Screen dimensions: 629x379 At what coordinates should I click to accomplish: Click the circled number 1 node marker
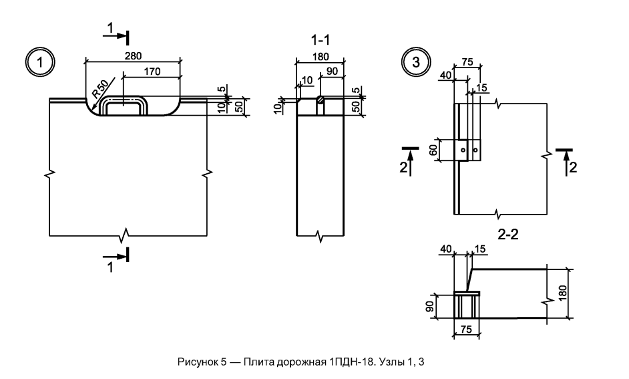coord(39,63)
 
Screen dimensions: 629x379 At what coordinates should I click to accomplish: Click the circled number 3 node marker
coord(415,63)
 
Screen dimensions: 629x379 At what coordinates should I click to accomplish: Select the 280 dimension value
coord(133,55)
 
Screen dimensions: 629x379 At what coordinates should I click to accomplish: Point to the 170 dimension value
coord(152,72)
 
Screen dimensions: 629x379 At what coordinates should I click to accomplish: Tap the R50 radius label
coord(100,89)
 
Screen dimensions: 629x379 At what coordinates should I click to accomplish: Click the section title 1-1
coord(321,40)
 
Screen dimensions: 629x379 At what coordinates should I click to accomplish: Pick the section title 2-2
coord(508,235)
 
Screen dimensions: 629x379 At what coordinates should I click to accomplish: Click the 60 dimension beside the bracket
coord(433,150)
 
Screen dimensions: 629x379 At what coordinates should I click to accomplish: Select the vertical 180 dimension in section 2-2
coord(562,293)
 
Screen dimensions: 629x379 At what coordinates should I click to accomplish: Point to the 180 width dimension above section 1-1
coord(320,57)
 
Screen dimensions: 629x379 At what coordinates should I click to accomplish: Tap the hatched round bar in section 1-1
coord(320,100)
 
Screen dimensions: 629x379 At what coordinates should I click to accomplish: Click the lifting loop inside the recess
coord(124,105)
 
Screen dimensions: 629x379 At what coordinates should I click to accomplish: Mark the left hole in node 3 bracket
coord(463,150)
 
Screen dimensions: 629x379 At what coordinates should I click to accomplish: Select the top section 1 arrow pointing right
coord(115,35)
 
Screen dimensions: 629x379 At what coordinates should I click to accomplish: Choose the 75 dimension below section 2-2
coord(466,330)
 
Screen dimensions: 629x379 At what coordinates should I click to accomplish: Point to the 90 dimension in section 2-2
coord(429,307)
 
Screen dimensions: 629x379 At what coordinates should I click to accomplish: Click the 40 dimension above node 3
coord(445,75)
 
